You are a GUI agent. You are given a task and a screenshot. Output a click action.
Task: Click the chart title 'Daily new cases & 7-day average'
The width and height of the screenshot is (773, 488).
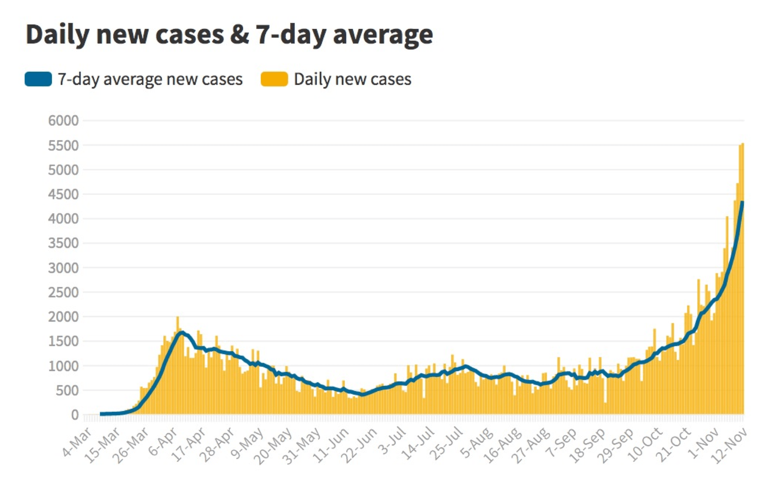click(229, 35)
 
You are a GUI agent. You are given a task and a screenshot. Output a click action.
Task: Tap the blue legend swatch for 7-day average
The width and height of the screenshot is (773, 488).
click(38, 79)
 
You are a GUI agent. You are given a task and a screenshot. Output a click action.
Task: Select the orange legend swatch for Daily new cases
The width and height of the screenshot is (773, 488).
click(274, 79)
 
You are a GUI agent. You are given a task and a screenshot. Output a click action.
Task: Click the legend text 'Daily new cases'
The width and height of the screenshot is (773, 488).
click(352, 79)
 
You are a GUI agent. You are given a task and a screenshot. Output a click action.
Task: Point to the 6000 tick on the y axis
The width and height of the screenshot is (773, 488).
click(63, 120)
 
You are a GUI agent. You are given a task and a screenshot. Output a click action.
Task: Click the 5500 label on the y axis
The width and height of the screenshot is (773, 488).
click(63, 145)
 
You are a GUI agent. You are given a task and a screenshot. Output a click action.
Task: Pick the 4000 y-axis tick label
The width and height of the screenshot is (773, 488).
click(63, 219)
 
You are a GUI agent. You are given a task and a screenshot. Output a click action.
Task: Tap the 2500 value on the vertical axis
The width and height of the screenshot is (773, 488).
click(63, 292)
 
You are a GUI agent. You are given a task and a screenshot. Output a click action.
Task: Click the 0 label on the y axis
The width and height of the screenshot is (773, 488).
click(75, 415)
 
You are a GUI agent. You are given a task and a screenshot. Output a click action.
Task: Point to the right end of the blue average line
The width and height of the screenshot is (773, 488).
click(742, 203)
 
